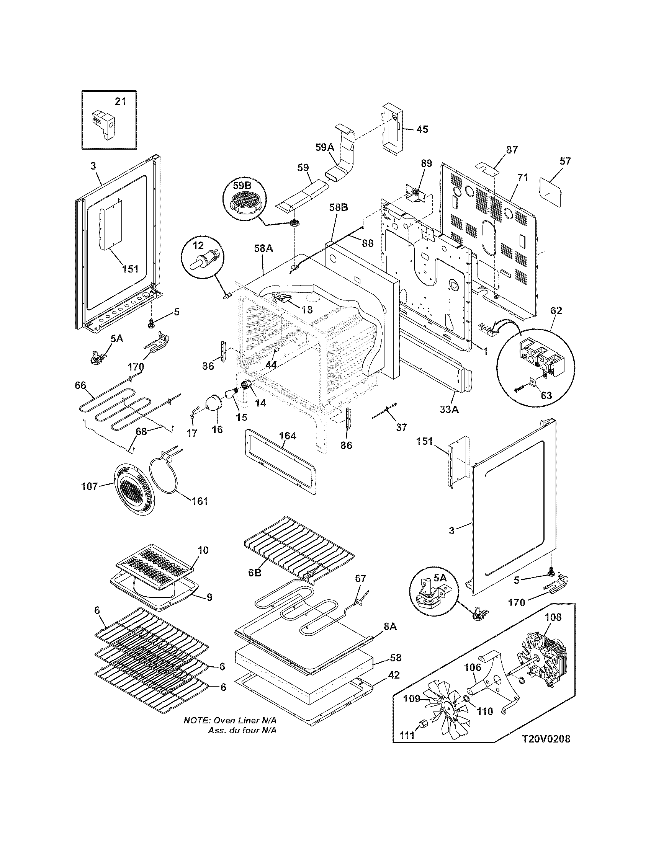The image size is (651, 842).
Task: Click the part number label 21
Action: click(121, 101)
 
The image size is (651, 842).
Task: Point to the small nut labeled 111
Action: click(424, 723)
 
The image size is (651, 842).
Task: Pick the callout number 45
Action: click(422, 129)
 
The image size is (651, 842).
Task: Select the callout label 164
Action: click(288, 436)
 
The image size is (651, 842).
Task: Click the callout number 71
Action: click(523, 178)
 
